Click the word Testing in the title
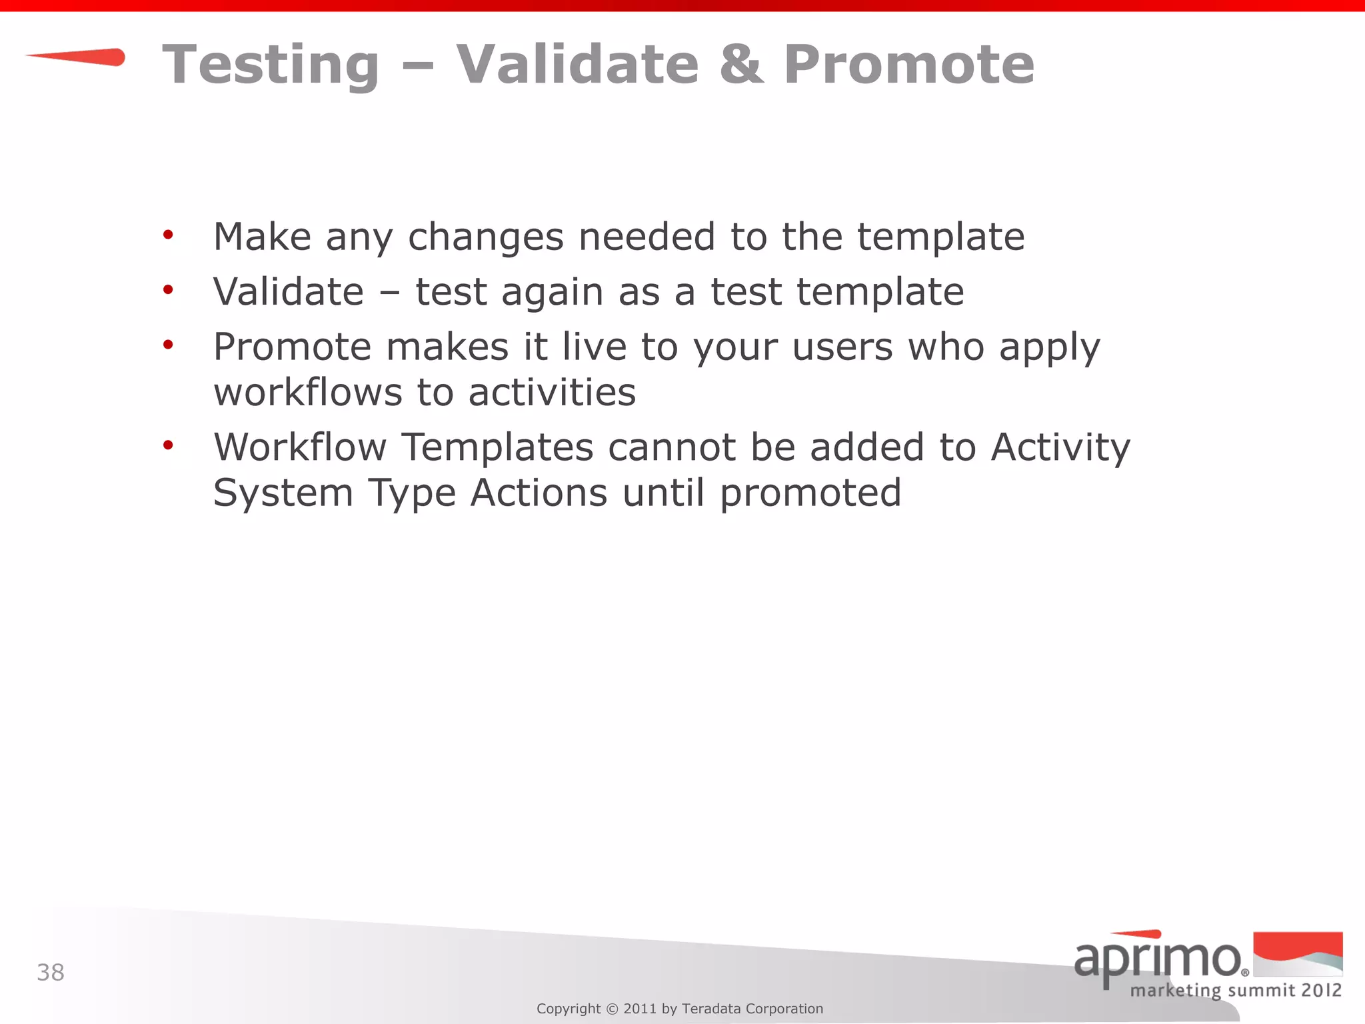coord(271,65)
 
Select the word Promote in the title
coord(908,65)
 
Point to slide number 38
coord(51,973)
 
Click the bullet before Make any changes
coord(168,235)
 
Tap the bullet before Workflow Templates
coord(168,445)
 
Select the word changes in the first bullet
coord(485,237)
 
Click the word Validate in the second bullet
coord(289,292)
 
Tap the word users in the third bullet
coord(842,348)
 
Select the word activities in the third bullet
coord(552,392)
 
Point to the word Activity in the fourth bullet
coord(1060,448)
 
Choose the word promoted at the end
coord(810,494)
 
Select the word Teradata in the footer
coord(711,1009)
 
